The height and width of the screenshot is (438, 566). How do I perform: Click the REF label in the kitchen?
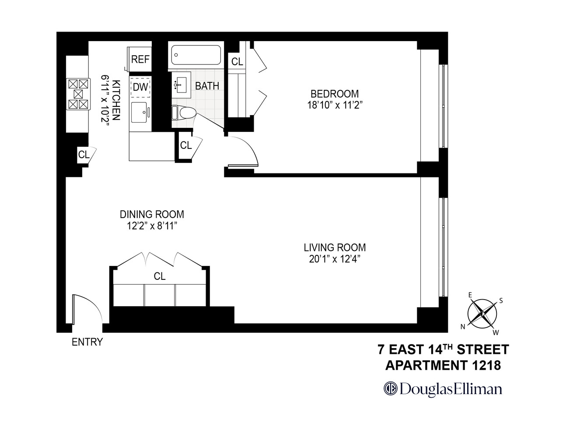click(x=140, y=60)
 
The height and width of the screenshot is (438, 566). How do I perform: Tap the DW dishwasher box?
click(x=140, y=87)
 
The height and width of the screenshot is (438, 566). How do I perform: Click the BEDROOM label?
click(x=335, y=94)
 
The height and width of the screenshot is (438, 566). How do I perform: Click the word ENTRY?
click(x=87, y=342)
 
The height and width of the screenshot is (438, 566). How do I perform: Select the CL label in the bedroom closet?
click(x=237, y=62)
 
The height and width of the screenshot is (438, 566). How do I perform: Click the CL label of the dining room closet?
click(x=160, y=276)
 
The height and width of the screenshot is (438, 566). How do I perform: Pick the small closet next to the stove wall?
click(x=84, y=154)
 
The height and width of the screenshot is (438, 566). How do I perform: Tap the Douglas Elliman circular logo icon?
click(x=390, y=389)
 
